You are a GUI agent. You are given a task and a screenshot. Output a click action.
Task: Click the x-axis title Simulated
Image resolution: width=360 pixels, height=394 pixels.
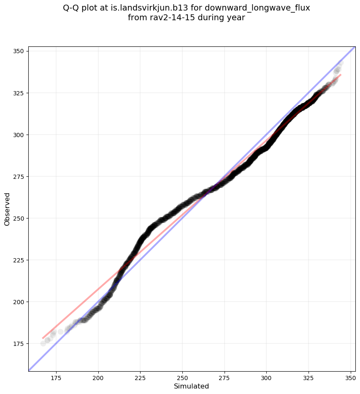tap(192, 386)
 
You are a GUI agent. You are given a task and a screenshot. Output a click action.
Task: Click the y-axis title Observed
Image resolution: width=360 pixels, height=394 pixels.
tap(7, 209)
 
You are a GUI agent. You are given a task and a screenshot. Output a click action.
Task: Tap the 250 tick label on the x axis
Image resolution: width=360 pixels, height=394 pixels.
tap(182, 378)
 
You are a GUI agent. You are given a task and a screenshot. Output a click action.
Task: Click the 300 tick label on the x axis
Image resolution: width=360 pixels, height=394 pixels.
tap(266, 378)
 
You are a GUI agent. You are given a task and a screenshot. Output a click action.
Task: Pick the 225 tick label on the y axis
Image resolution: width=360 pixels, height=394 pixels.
tap(20, 260)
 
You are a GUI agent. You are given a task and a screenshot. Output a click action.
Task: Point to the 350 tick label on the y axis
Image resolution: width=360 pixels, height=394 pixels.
tap(20, 51)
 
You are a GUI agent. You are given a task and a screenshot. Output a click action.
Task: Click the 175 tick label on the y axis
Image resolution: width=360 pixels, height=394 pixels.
tap(20, 343)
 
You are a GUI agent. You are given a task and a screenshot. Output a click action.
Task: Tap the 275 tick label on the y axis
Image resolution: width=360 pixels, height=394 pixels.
tap(20, 176)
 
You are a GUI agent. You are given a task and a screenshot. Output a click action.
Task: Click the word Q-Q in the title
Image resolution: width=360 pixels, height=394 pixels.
tap(72, 8)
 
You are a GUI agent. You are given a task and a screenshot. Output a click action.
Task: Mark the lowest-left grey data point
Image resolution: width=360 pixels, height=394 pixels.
tap(43, 343)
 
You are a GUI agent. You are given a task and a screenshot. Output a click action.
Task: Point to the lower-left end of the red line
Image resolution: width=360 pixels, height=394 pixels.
tap(43, 338)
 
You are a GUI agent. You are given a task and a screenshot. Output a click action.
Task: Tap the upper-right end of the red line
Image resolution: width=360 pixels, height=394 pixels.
tap(341, 75)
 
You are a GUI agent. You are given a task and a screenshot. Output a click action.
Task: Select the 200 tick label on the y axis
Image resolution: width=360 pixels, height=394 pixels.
tap(20, 302)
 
